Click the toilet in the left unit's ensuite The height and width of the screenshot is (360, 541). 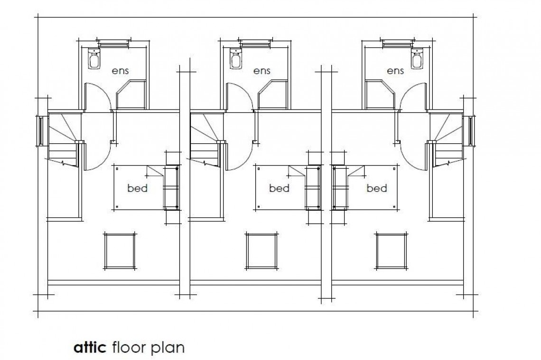pos(94,59)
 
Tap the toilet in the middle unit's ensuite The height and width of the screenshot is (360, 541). pos(236,59)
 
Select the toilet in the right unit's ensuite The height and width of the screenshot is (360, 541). pos(418,59)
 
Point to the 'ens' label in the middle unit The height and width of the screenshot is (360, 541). pos(262,71)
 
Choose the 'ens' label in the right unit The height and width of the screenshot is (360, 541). pos(395,71)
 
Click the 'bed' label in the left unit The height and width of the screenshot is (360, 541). pos(138,188)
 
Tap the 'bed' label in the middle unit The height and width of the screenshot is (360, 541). pos(279,188)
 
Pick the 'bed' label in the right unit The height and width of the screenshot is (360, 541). pos(377,188)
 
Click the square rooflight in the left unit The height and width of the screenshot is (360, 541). pos(120,251)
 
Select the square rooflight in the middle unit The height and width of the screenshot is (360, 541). pos(261,251)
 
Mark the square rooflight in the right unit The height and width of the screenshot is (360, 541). pos(392,251)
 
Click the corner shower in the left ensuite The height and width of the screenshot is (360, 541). pos(131,95)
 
